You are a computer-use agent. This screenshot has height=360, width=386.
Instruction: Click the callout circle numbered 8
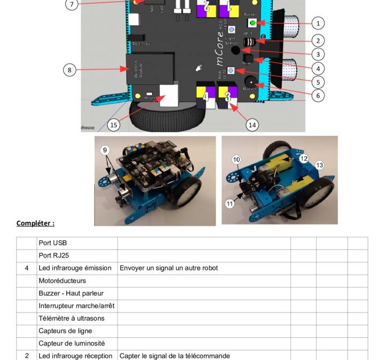click(x=69, y=69)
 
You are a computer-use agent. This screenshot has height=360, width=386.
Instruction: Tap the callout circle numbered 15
click(x=113, y=125)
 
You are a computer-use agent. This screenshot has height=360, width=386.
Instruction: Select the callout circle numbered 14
click(x=253, y=125)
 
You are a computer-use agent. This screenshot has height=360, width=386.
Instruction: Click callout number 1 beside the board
click(x=318, y=23)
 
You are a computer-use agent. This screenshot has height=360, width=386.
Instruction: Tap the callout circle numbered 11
click(x=230, y=203)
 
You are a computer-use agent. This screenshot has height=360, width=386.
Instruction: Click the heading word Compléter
click(x=35, y=223)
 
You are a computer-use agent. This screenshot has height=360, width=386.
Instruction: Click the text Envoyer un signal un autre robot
click(x=169, y=268)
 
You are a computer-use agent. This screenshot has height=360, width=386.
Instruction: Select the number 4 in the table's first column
click(x=27, y=268)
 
